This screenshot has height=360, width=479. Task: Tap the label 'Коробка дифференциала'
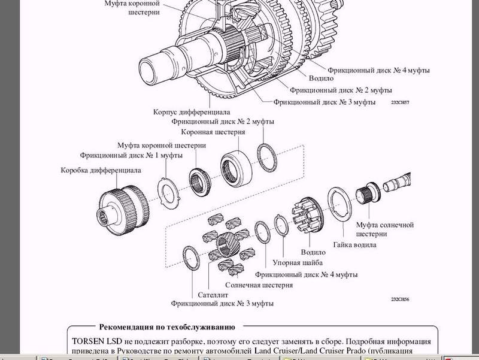click(x=101, y=170)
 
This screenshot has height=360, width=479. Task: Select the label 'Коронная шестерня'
click(x=213, y=132)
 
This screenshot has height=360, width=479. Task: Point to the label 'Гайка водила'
click(x=354, y=244)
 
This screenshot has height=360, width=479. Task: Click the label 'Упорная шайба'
click(x=298, y=262)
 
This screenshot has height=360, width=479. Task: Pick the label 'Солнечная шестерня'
click(x=259, y=285)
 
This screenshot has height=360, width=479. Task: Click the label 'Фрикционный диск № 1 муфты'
click(x=131, y=156)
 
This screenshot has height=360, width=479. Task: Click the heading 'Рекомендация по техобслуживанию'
click(x=166, y=327)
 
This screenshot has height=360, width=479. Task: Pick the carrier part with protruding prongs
click(x=305, y=216)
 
